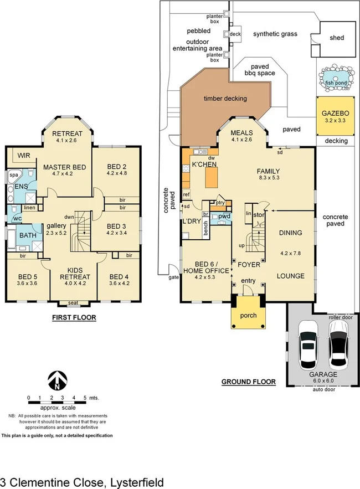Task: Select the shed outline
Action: click(x=336, y=38)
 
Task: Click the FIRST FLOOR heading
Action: click(x=74, y=318)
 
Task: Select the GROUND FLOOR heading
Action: click(x=248, y=382)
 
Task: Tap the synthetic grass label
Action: click(x=275, y=34)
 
